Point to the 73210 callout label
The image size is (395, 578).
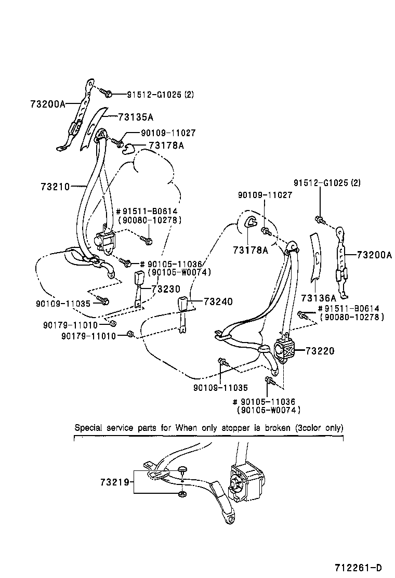(54, 186)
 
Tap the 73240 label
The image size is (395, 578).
(218, 301)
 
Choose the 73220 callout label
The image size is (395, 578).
(320, 351)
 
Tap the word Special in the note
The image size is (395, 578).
(89, 428)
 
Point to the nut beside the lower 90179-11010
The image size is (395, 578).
(131, 334)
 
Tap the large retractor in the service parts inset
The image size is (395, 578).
(244, 481)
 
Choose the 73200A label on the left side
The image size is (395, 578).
(47, 104)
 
